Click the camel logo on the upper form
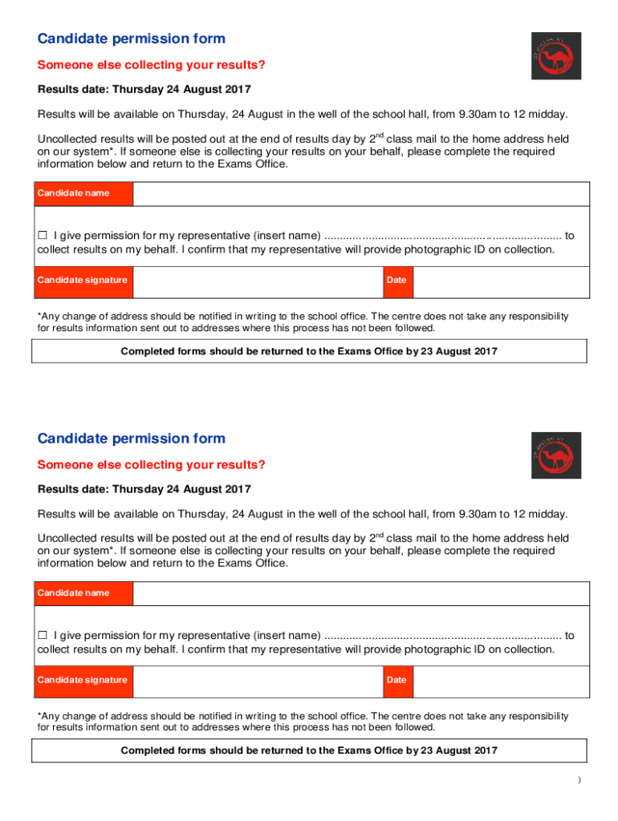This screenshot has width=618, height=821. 556,56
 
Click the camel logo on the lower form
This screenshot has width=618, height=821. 556,455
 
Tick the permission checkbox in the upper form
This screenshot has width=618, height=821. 43,236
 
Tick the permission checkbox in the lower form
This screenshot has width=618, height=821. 43,636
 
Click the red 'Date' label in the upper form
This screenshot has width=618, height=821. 396,280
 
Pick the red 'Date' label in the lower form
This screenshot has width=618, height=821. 396,680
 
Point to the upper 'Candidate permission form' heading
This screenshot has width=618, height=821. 132,38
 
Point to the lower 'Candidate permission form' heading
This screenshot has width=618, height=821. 132,439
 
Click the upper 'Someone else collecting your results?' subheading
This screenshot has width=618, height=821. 151,65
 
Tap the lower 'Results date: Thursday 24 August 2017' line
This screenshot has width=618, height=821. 144,489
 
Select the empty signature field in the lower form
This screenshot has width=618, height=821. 255,680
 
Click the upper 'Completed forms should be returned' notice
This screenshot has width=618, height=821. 309,351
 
